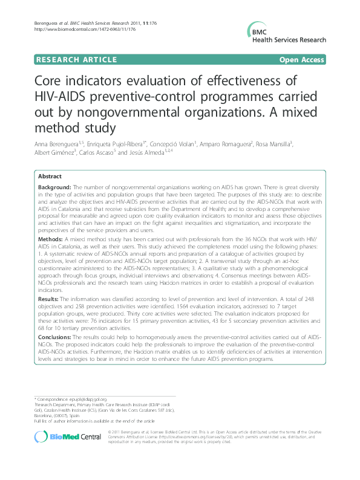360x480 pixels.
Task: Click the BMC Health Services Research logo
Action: [x=284, y=34]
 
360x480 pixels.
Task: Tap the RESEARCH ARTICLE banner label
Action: [x=76, y=59]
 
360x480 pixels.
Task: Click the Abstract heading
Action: [x=50, y=176]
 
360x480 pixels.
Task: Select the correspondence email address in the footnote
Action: [x=87, y=400]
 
